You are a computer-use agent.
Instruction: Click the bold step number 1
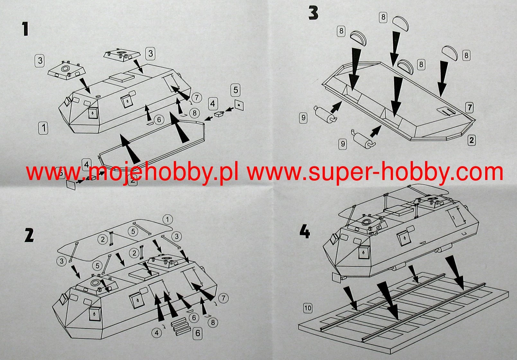tap(25, 29)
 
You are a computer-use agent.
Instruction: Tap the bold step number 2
tap(29, 235)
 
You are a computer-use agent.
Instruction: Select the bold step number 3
tap(313, 13)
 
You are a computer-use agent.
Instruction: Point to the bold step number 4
tap(304, 232)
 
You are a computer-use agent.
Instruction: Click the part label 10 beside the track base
tap(308, 308)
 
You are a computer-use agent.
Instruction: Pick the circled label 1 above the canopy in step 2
tap(167, 219)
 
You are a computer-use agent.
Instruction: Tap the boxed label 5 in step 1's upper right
tap(236, 90)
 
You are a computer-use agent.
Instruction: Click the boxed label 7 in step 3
tap(469, 108)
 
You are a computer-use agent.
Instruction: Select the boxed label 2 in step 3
tap(471, 140)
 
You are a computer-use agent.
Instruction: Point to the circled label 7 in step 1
tap(197, 97)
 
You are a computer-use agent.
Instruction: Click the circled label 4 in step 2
tap(157, 333)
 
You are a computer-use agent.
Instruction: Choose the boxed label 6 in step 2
tap(198, 333)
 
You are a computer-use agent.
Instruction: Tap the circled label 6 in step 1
tap(159, 120)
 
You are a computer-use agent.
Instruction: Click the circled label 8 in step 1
tap(195, 113)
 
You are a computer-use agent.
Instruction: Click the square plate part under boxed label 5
tap(239, 105)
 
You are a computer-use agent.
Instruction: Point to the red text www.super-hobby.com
tap(375, 172)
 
